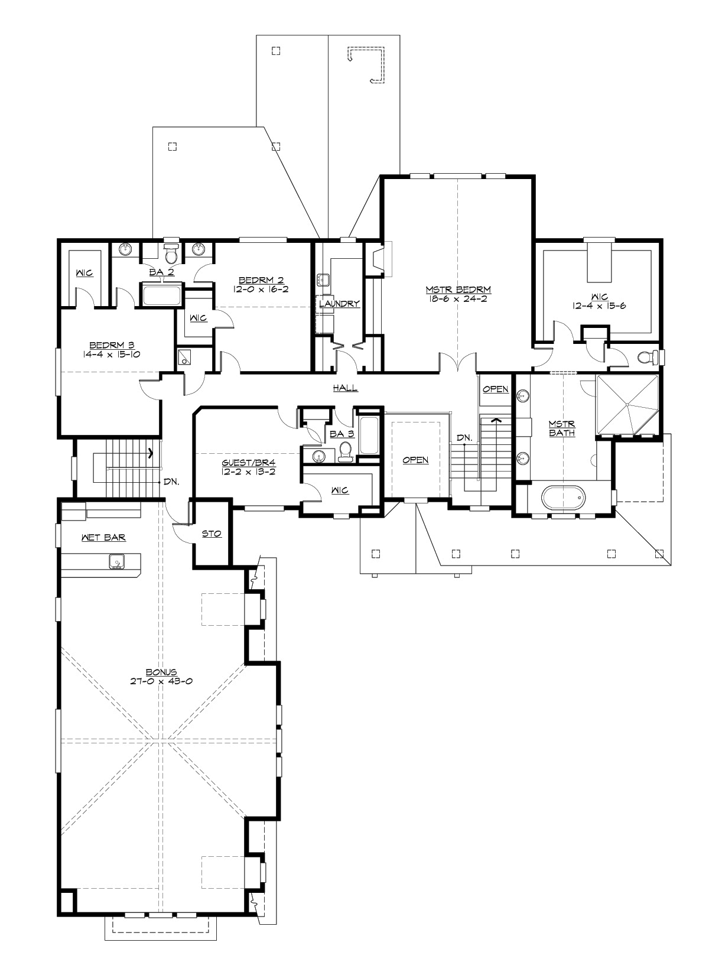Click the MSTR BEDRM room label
458,290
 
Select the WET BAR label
103,538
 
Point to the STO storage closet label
212,534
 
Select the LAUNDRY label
339,304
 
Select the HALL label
345,388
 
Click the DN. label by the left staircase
171,482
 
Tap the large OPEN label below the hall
415,460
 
